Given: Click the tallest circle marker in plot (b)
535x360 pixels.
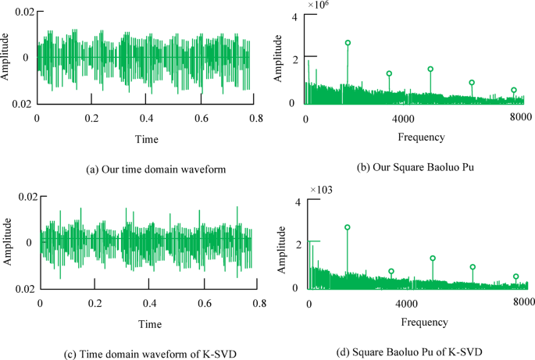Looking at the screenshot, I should pos(348,43).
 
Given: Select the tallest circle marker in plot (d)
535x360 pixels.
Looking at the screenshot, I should pos(348,227).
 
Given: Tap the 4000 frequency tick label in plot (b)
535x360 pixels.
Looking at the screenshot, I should pos(402,117).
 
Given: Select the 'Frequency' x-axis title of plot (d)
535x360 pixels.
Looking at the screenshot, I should pos(424,322).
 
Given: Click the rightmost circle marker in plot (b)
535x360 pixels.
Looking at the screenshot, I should pos(513,91).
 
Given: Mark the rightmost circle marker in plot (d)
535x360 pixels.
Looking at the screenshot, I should pos(515,276).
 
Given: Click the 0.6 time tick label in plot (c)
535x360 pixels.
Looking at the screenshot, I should pos(204,302).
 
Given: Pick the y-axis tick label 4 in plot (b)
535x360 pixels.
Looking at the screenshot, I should pos(294,17).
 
